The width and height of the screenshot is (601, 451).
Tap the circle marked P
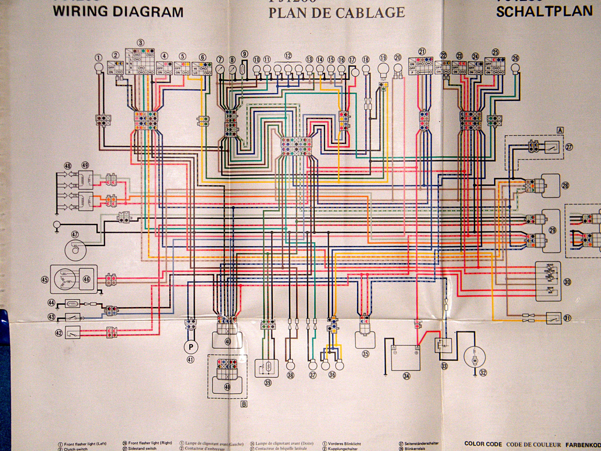tap(191, 347)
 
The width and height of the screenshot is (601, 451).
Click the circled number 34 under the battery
tap(406, 376)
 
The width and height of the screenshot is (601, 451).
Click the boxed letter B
tap(244, 412)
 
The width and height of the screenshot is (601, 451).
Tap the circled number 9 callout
tap(244, 54)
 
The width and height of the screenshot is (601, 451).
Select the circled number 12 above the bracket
tap(288, 56)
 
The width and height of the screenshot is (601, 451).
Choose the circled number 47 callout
tap(75, 234)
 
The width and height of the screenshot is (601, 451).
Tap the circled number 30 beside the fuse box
tap(567, 282)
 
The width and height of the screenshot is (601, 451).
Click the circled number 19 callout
tap(383, 58)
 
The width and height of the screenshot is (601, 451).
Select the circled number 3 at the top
tap(141, 43)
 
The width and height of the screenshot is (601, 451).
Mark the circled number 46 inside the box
tap(86, 279)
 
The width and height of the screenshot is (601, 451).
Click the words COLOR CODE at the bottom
tap(483, 444)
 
